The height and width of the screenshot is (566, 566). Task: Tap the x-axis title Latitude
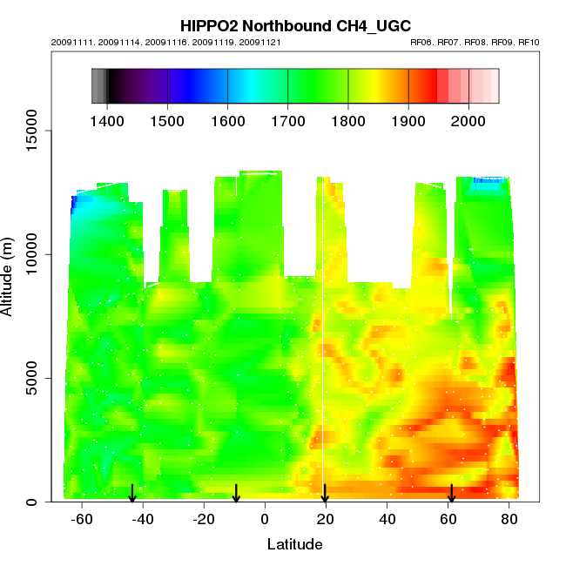[294, 545]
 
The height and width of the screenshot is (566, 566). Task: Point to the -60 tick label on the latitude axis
[82, 521]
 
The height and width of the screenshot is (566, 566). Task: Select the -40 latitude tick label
[143, 521]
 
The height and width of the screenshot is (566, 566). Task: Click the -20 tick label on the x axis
[204, 521]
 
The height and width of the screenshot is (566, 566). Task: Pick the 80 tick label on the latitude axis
[509, 521]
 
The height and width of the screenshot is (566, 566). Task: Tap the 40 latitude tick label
[387, 521]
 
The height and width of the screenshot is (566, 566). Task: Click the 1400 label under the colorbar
[107, 118]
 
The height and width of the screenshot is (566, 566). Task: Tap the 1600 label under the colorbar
[227, 118]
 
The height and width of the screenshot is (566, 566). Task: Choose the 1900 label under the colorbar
[408, 118]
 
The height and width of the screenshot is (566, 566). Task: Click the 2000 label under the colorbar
[468, 118]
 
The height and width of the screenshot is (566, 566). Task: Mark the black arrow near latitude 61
[452, 494]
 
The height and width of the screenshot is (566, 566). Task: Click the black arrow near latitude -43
[132, 494]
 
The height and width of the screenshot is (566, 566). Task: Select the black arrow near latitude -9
[236, 494]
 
